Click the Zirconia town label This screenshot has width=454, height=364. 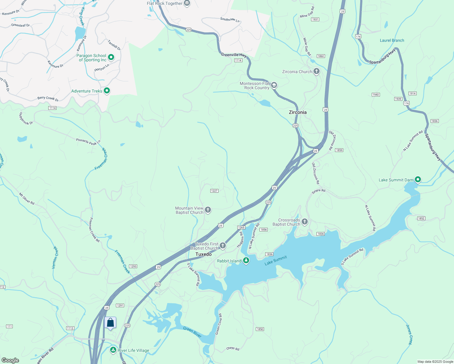click(297, 112)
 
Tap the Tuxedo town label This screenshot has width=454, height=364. click(203, 254)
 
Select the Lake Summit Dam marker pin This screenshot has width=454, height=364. click(418, 180)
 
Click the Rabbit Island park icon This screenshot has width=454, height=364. click(246, 261)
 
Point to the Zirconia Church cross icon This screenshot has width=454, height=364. click(317, 72)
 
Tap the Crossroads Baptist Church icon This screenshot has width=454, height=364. click(305, 222)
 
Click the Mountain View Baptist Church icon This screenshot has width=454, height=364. click(208, 210)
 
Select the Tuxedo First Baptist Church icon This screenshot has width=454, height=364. click(223, 246)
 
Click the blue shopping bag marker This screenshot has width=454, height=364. click(110, 322)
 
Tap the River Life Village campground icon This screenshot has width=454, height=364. click(113, 350)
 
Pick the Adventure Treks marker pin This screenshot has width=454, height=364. click(107, 91)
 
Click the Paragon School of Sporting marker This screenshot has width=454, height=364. click(111, 57)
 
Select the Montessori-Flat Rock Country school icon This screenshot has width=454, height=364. click(274, 85)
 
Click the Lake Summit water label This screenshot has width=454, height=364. click(276, 261)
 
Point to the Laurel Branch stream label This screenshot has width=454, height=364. click(392, 40)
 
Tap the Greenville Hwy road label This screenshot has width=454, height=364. click(234, 55)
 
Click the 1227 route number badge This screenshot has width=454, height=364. click(214, 191)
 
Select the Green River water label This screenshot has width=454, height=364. click(192, 332)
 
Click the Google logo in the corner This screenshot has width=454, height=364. click(10, 360)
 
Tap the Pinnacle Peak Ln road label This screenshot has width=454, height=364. click(88, 141)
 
